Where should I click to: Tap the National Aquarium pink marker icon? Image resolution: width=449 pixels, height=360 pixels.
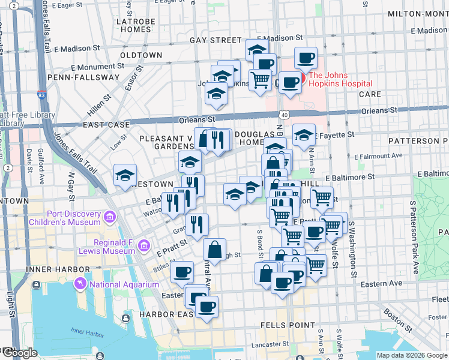click(x=79, y=283)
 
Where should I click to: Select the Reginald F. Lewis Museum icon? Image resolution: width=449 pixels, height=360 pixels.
click(x=143, y=245)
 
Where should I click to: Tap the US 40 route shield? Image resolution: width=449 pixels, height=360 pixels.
click(x=283, y=114)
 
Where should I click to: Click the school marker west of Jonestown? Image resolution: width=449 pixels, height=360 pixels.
click(x=125, y=175)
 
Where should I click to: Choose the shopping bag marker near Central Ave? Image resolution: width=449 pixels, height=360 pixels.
click(x=214, y=249)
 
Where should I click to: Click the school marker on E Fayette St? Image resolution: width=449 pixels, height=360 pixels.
click(x=304, y=134)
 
